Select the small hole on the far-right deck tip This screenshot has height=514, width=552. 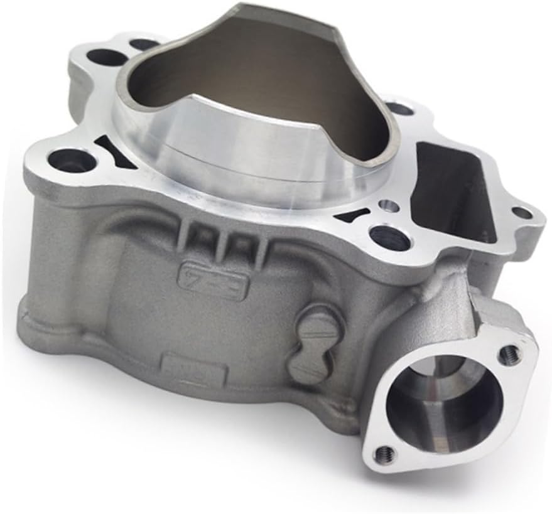click(520, 213)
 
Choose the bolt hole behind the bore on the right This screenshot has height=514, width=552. click(400, 109)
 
